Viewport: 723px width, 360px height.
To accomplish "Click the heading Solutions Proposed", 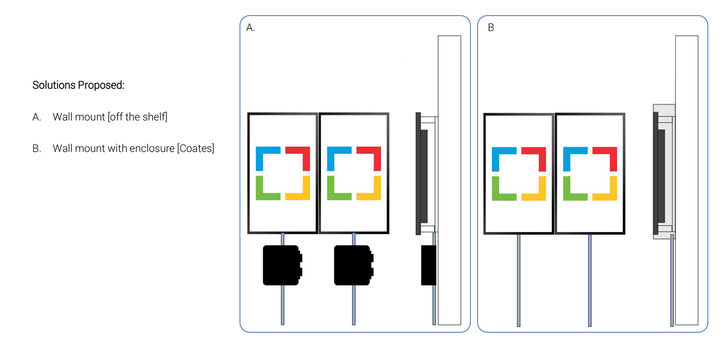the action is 78,85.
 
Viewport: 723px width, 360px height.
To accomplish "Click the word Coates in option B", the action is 195,148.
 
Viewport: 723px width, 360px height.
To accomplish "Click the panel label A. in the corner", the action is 250,27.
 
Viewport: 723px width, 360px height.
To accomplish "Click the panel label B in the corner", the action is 491,27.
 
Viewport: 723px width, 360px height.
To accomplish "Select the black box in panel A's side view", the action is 429,265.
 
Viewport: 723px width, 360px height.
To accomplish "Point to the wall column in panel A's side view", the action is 450,180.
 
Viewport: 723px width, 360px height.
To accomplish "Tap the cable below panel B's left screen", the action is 519,280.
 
